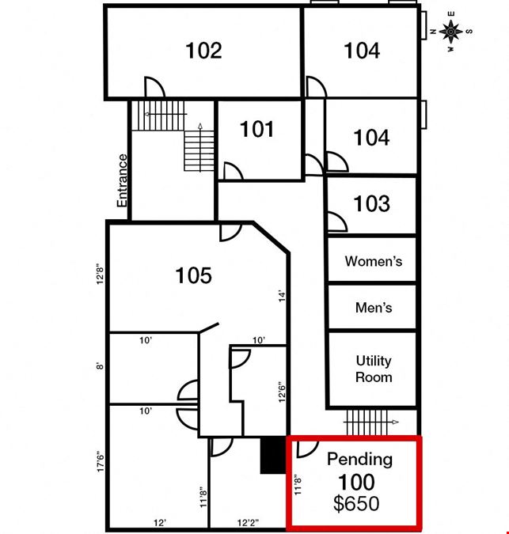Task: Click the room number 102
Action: pyautogui.click(x=203, y=51)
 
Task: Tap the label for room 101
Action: pyautogui.click(x=256, y=130)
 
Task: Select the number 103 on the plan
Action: pyautogui.click(x=371, y=203)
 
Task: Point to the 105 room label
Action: pyautogui.click(x=193, y=275)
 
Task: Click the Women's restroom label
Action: pyautogui.click(x=374, y=261)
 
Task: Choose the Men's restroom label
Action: pyautogui.click(x=374, y=308)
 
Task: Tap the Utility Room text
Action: pyautogui.click(x=374, y=369)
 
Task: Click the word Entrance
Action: pyautogui.click(x=122, y=180)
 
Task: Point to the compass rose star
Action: pyautogui.click(x=450, y=32)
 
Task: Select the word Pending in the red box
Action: pyautogui.click(x=359, y=460)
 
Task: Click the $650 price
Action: pyautogui.click(x=356, y=503)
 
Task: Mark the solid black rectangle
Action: pyautogui.click(x=273, y=456)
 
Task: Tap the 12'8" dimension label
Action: pyautogui.click(x=100, y=274)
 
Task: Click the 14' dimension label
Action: pyautogui.click(x=282, y=297)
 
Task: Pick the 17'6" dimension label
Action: pyautogui.click(x=101, y=461)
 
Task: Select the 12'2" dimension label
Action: pyautogui.click(x=248, y=522)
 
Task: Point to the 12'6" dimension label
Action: pyautogui.click(x=282, y=392)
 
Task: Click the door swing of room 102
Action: pyautogui.click(x=155, y=87)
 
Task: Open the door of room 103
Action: pyautogui.click(x=338, y=222)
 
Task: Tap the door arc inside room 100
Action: pyautogui.click(x=308, y=449)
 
